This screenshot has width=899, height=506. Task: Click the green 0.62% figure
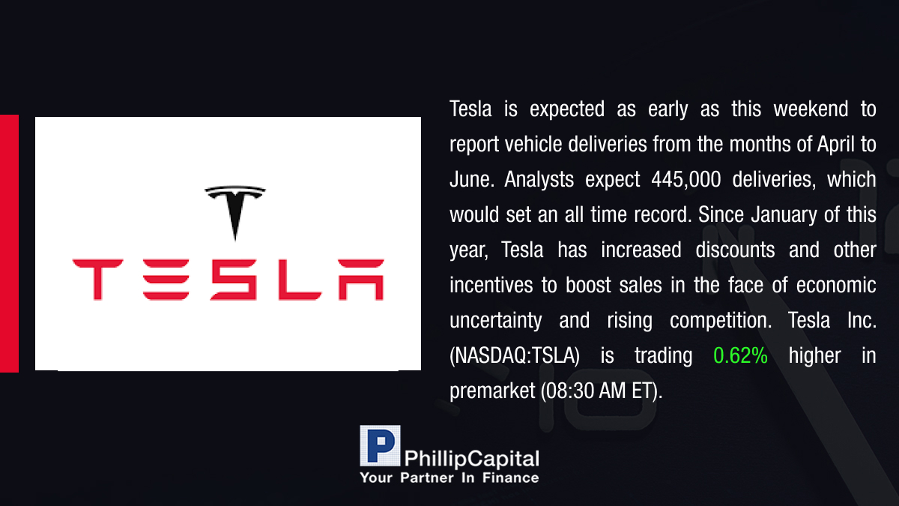(740, 355)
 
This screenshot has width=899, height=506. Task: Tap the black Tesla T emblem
(235, 211)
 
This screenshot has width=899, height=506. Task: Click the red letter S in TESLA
(233, 280)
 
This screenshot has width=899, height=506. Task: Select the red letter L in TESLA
(300, 280)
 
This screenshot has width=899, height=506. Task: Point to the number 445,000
(686, 179)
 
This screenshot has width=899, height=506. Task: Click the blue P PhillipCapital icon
(380, 445)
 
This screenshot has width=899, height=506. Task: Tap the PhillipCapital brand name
(471, 459)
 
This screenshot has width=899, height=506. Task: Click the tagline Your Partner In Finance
(449, 478)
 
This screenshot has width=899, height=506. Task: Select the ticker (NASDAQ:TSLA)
(515, 356)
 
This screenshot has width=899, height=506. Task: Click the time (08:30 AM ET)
(602, 391)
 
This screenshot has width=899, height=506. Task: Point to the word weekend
(811, 109)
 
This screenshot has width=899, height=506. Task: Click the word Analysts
(539, 179)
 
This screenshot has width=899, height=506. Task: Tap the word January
(784, 215)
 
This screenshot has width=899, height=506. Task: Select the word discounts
(735, 250)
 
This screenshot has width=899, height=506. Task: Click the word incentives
(491, 285)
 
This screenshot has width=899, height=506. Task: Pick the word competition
(721, 321)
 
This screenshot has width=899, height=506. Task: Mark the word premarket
(492, 391)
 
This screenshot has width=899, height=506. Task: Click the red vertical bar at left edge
(9, 244)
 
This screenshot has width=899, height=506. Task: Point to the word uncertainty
(496, 321)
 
